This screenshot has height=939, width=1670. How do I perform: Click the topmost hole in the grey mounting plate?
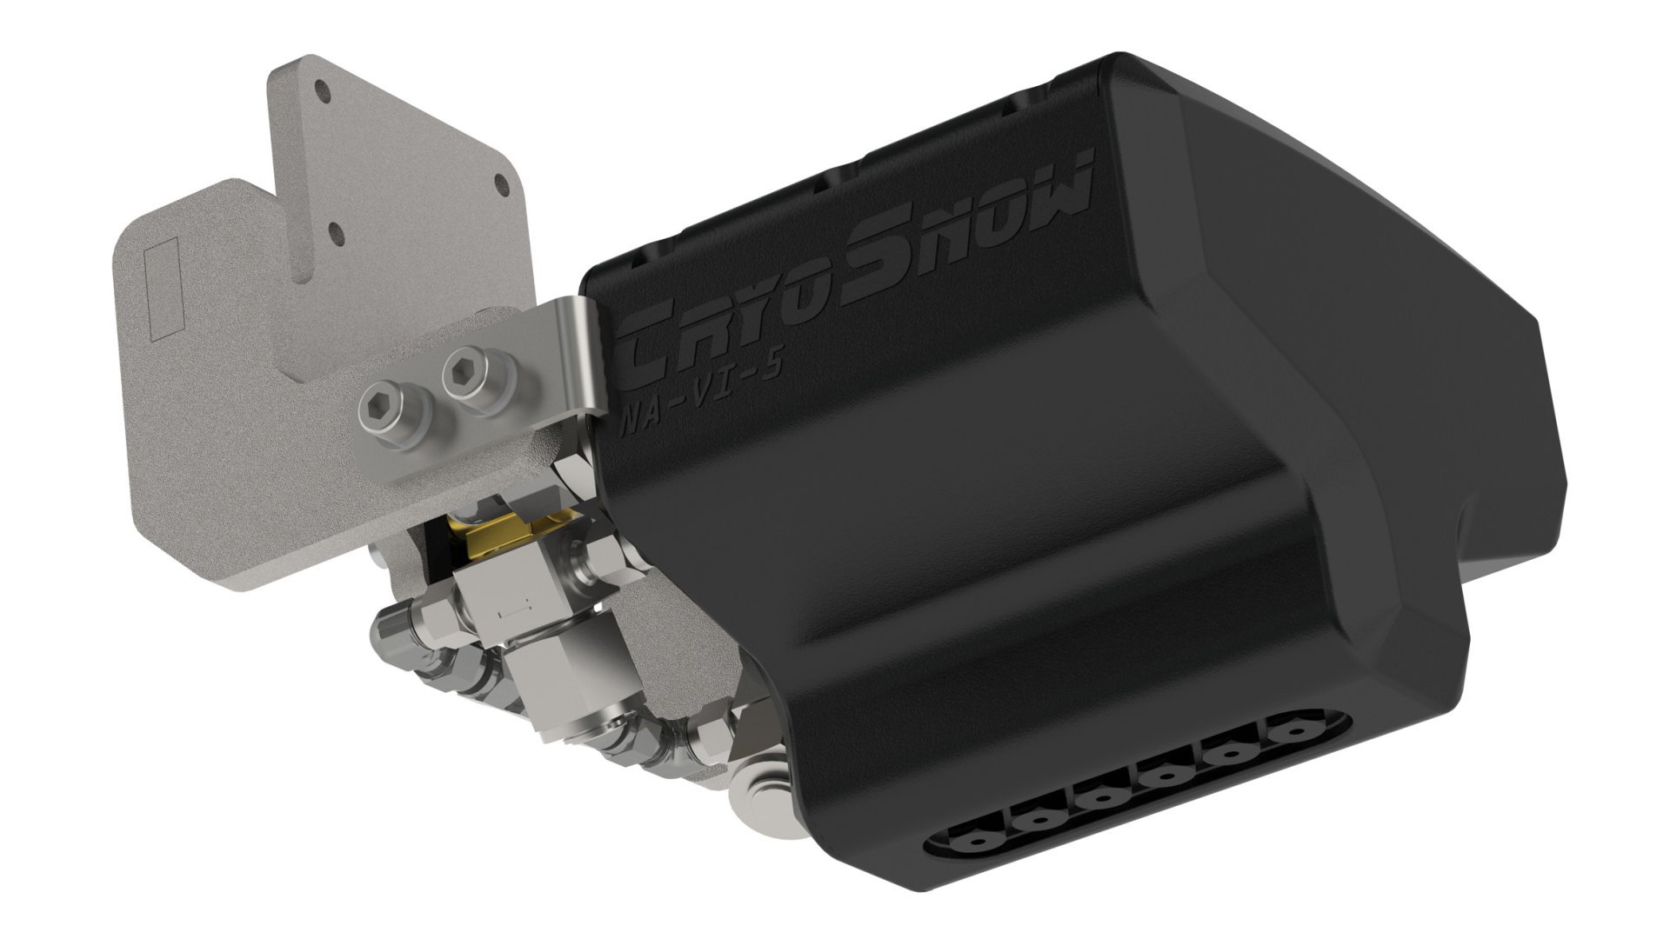pos(323,89)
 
